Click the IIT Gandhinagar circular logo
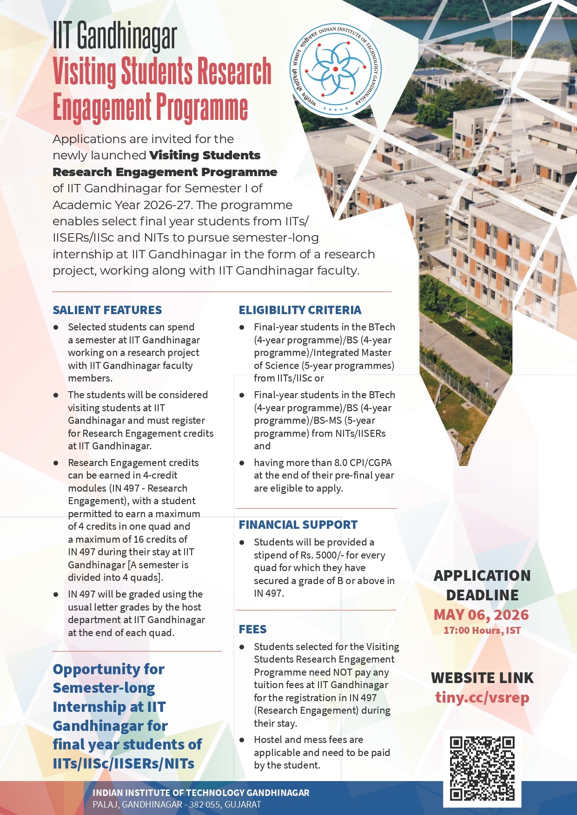point(336,70)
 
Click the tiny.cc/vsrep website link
point(482,697)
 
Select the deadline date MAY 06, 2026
point(481,615)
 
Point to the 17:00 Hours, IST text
point(482,631)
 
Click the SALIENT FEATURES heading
point(107,310)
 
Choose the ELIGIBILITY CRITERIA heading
point(300,310)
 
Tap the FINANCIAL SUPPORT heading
point(298,525)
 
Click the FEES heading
point(252,629)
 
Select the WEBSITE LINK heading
point(482,678)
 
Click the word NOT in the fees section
point(343,672)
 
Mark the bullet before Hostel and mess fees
point(242,740)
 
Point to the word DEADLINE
point(482,595)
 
